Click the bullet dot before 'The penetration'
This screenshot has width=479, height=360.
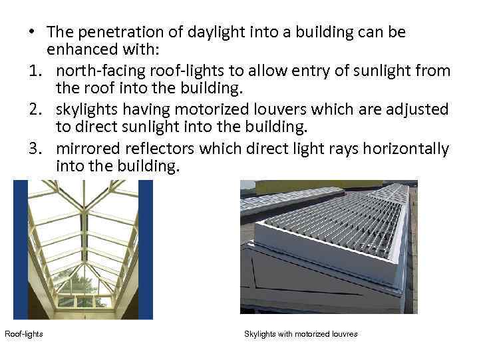tap(31, 32)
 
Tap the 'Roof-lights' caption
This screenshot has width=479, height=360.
tap(24, 333)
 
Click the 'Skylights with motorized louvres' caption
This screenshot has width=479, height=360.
tap(301, 333)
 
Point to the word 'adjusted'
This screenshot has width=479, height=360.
tap(419, 109)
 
